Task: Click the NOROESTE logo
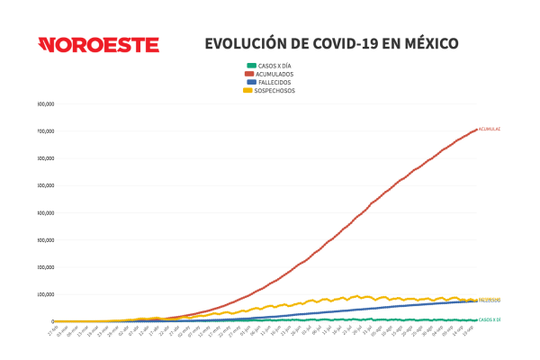click(98, 45)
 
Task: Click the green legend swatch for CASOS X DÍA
click(251, 66)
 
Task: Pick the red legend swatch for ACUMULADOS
click(251, 74)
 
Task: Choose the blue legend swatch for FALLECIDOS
click(251, 82)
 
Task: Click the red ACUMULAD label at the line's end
click(489, 130)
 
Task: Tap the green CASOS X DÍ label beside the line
click(490, 319)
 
